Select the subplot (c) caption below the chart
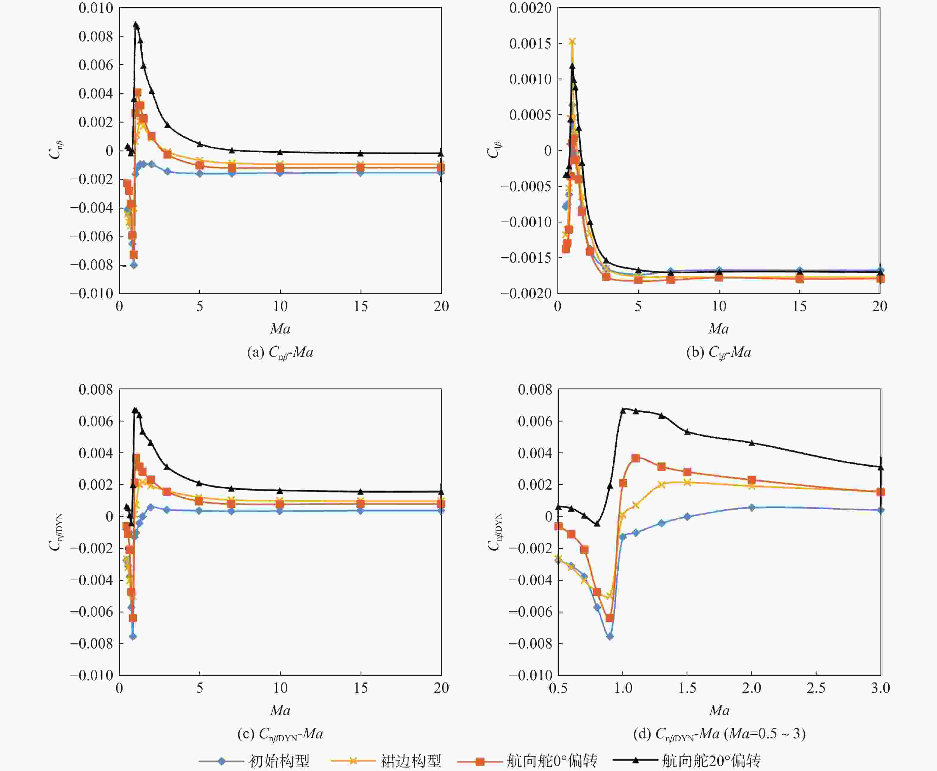tap(280, 734)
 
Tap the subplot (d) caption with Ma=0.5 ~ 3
tap(719, 734)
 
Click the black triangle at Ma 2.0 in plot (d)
tap(752, 443)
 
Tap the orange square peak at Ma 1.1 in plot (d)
tap(635, 458)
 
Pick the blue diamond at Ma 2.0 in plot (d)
tap(752, 507)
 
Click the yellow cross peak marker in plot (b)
tap(572, 41)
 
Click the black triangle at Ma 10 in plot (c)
tap(280, 490)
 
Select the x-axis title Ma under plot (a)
tap(280, 329)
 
